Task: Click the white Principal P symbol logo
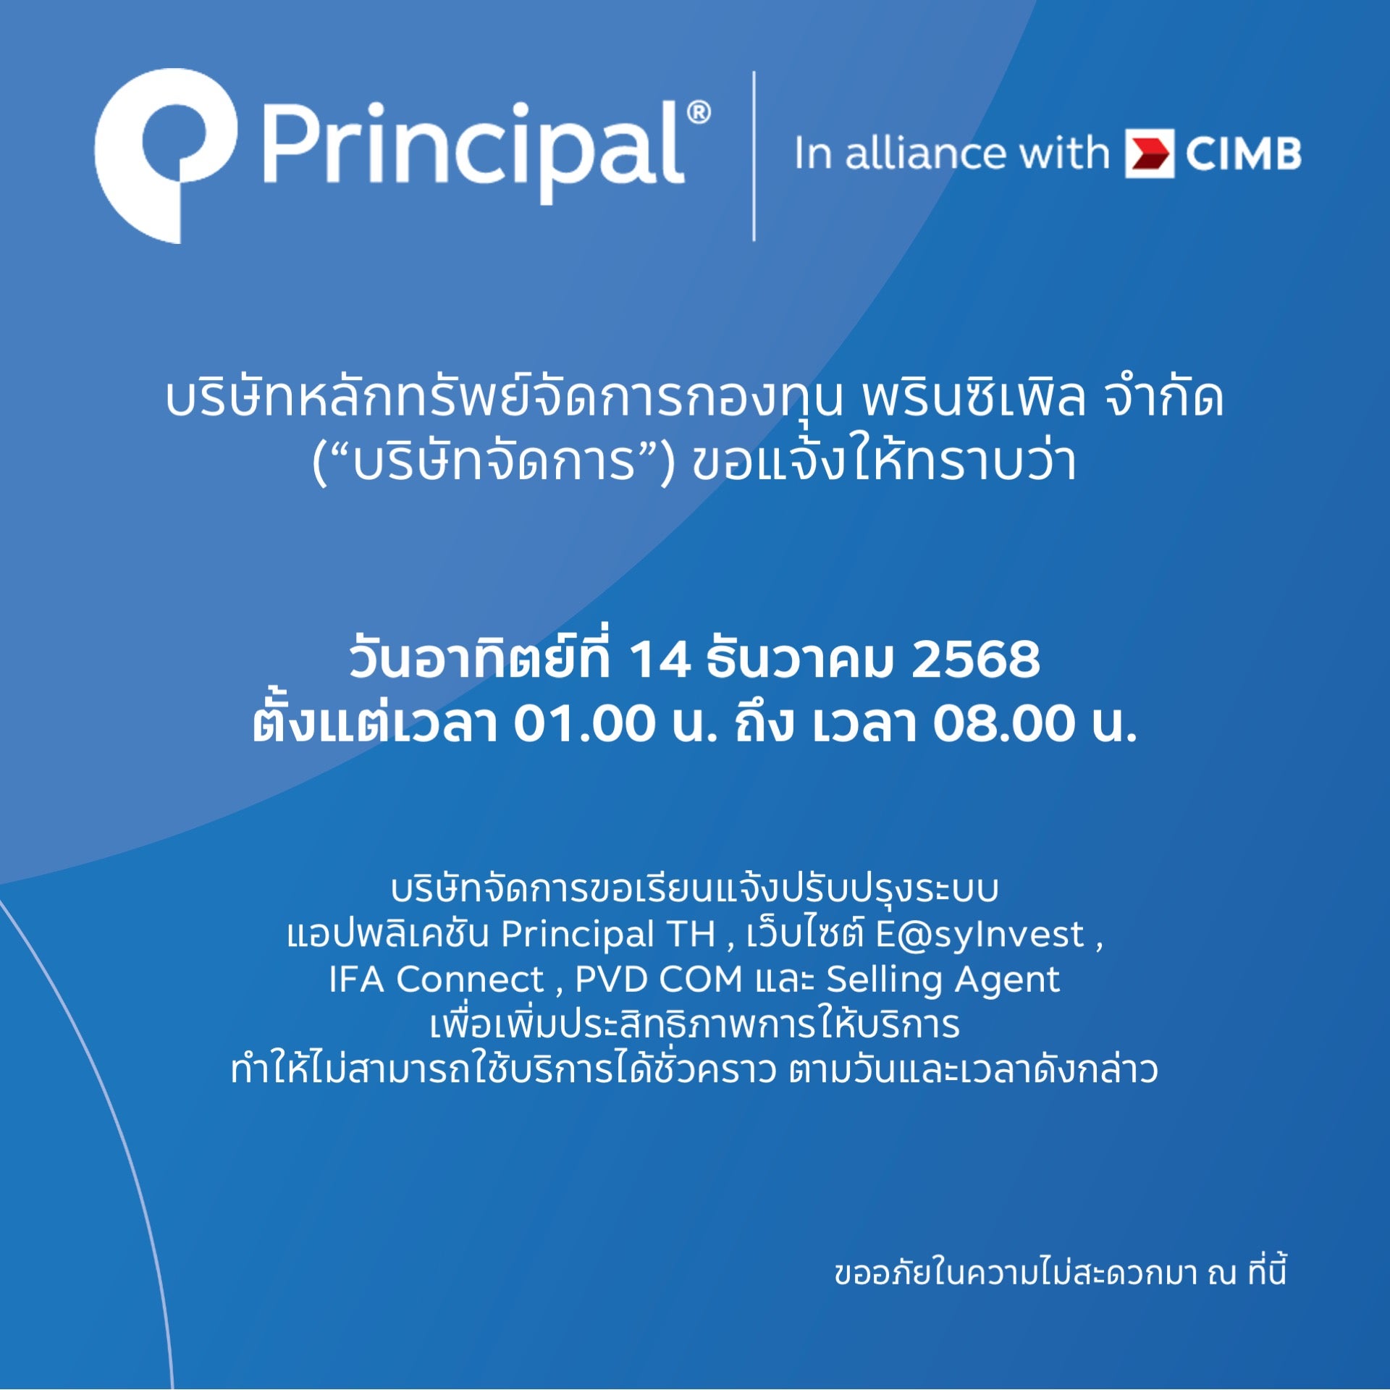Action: tap(165, 156)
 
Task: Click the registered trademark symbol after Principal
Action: tap(699, 113)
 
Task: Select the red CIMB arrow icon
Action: tap(1149, 153)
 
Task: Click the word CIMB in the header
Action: tap(1243, 154)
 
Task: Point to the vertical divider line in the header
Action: tap(754, 156)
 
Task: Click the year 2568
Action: tap(975, 660)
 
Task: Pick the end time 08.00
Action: tap(1003, 723)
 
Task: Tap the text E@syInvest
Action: tap(980, 935)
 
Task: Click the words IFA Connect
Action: tap(437, 980)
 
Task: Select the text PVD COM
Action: tap(659, 980)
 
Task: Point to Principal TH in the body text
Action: tap(608, 935)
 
